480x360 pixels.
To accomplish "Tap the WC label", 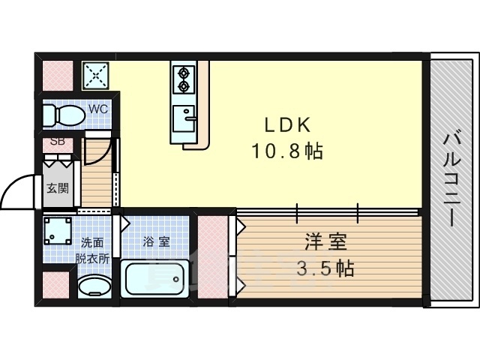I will (x=98, y=109).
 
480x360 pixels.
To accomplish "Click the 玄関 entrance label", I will (x=57, y=187).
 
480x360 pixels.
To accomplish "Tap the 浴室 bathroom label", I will (x=156, y=241).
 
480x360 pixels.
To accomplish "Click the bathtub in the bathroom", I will (x=156, y=280).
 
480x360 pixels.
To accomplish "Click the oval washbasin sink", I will (x=95, y=286).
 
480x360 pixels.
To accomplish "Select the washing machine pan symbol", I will (x=58, y=232).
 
